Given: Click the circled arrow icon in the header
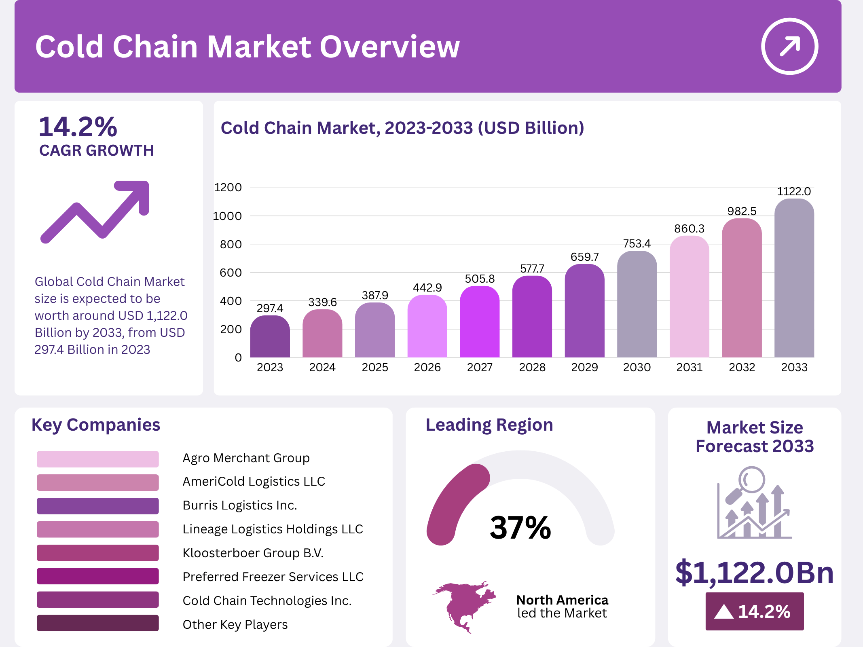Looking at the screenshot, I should [789, 47].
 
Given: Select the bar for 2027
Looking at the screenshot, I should [480, 322].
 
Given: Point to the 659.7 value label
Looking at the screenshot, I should [584, 257].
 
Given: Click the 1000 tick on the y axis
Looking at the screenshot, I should [227, 216].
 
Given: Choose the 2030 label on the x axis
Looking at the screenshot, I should [637, 367].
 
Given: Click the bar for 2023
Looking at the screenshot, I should [270, 336].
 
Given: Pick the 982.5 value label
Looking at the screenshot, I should [742, 211].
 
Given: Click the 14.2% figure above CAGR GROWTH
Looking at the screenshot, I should [78, 127].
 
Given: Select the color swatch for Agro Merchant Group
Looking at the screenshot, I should [97, 459].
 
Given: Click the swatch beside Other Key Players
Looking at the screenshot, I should [97, 623].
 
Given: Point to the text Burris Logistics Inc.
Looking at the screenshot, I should [240, 505].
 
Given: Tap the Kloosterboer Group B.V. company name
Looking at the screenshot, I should [253, 553].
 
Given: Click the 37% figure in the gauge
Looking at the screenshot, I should [520, 528].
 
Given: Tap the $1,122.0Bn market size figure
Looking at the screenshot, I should [754, 572].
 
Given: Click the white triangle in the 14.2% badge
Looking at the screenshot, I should [724, 612].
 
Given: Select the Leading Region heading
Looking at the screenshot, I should [489, 425].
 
